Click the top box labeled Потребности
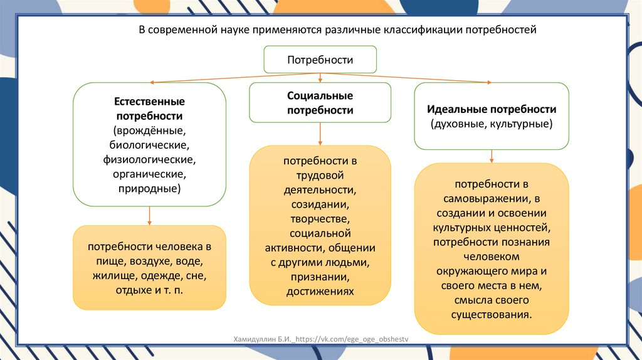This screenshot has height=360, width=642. pos(320,60)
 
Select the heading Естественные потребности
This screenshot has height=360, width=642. pos(149,109)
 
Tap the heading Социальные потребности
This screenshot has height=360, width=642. pos(320,103)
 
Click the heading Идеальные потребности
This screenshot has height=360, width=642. pos(491,109)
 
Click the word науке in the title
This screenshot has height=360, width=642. pos(228,29)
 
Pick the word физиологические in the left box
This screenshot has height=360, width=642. pos(149,159)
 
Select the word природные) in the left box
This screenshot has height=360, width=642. pos(149,188)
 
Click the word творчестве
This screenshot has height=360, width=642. pos(320,219)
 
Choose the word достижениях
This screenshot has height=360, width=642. pos(320,291)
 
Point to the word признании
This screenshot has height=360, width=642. pos(320,277)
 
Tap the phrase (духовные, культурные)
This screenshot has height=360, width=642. pos(491,124)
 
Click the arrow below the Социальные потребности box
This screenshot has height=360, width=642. pos(320,134)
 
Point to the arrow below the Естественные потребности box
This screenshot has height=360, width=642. pos(149,216)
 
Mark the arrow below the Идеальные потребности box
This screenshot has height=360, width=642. pos(492,156)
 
